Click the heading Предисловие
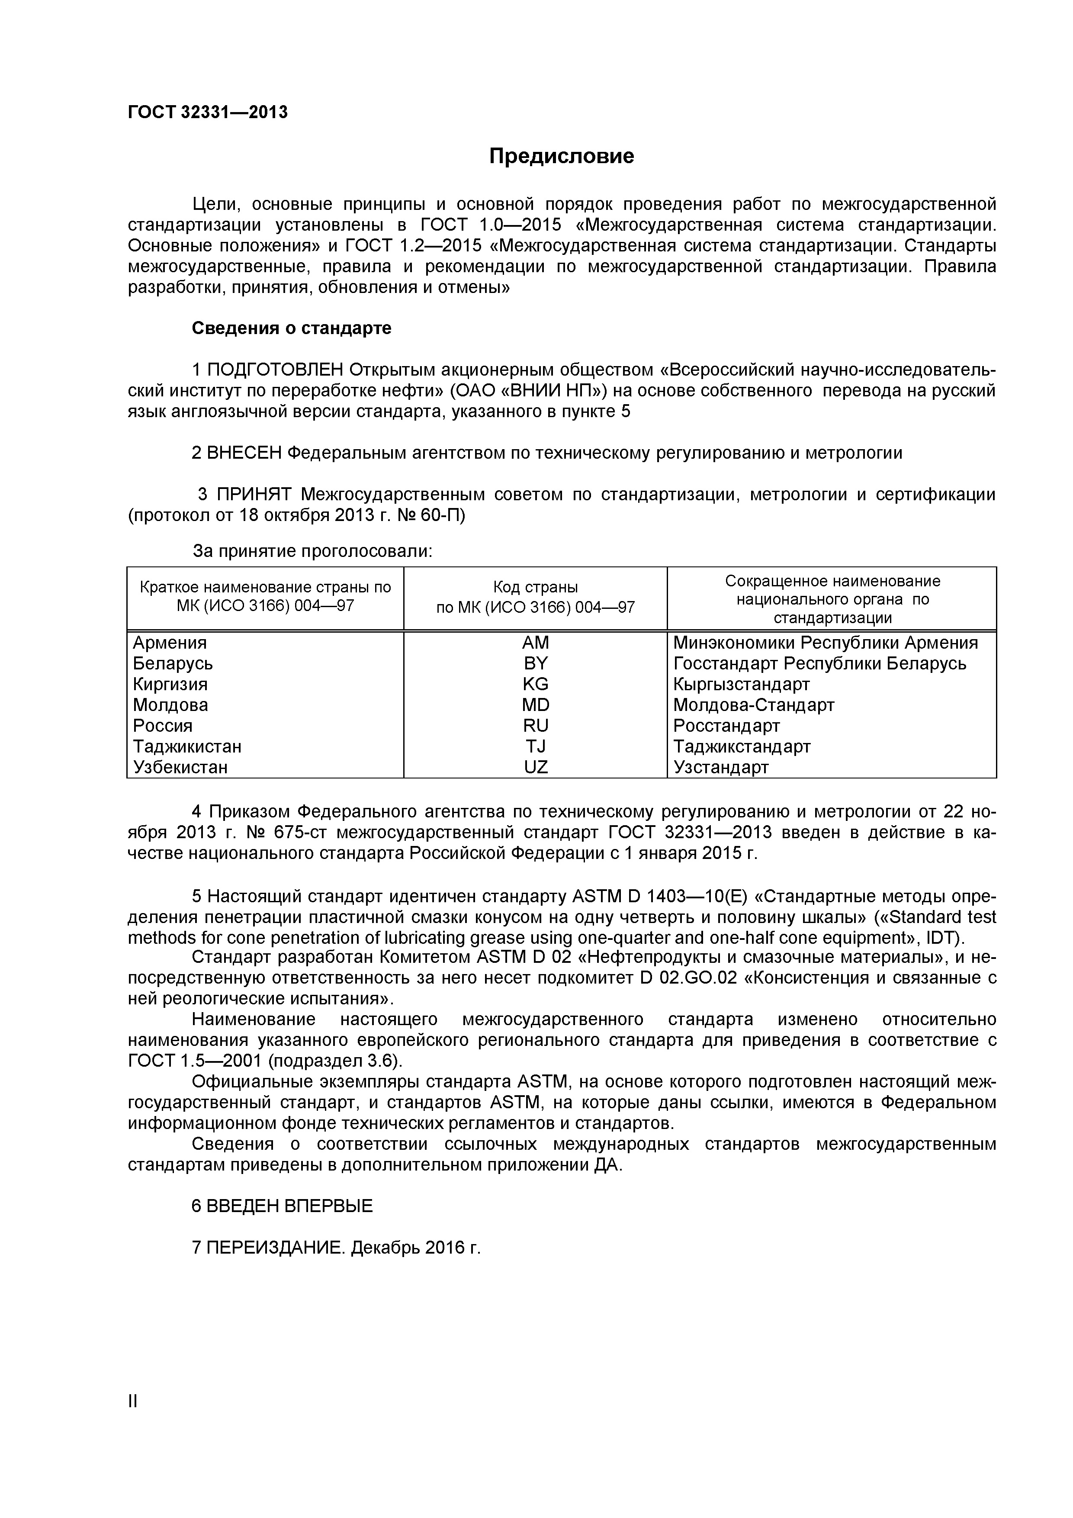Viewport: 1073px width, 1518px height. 561,156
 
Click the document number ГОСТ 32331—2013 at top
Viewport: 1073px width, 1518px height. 208,113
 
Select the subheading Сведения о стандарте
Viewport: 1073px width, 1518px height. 292,328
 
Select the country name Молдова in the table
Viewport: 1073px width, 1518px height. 170,705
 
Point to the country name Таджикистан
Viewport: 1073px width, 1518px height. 187,746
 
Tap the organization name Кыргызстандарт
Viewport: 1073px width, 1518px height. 741,684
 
